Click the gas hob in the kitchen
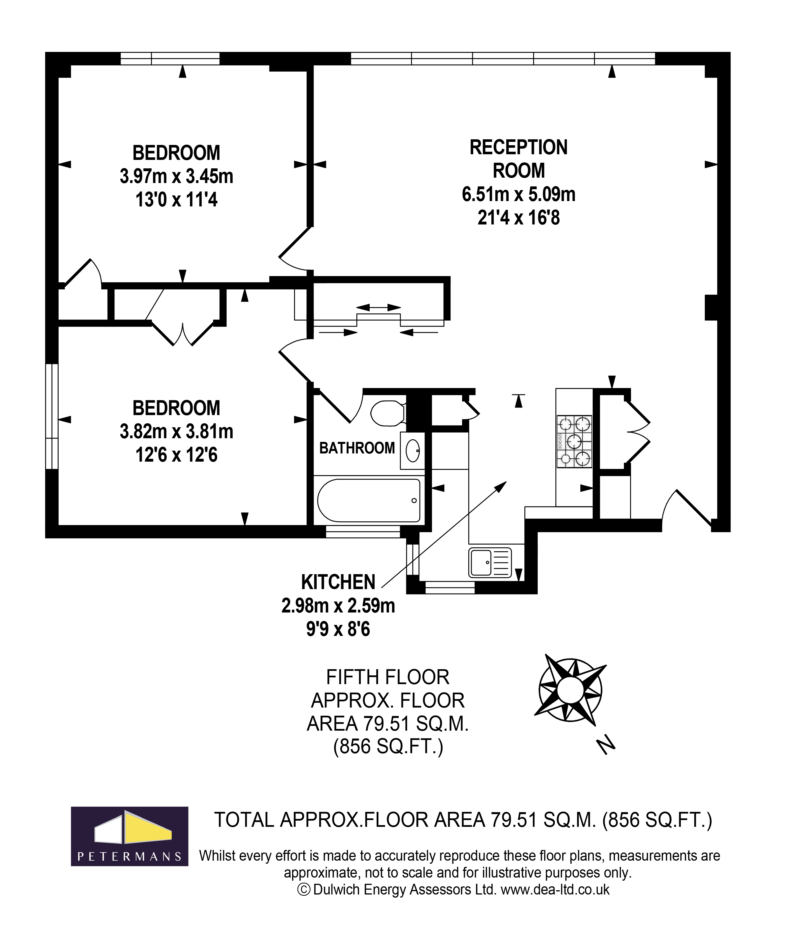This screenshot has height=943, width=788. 574,441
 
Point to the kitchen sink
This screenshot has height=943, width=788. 490,562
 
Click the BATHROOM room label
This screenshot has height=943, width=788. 357,448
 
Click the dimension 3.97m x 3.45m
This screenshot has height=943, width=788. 176,177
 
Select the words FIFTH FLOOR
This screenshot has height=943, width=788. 387,677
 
